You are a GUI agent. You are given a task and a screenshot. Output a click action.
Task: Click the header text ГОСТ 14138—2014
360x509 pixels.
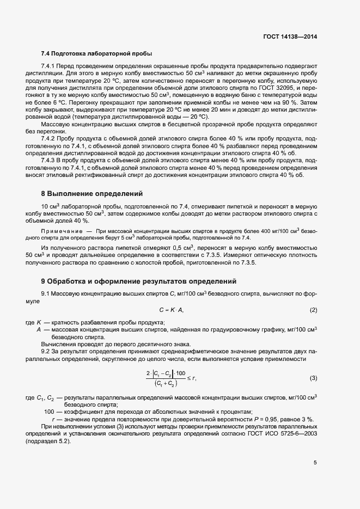290,37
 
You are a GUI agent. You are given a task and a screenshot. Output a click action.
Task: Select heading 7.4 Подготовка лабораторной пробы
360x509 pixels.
96,53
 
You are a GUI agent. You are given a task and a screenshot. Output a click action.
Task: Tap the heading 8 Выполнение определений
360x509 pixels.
91,194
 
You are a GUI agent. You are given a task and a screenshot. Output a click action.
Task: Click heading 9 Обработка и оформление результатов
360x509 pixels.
138,281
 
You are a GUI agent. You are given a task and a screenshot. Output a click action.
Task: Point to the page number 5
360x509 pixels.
315,463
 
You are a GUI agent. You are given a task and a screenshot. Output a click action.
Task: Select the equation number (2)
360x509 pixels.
313,310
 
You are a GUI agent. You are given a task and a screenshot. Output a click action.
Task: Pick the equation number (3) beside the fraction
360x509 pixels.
313,378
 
